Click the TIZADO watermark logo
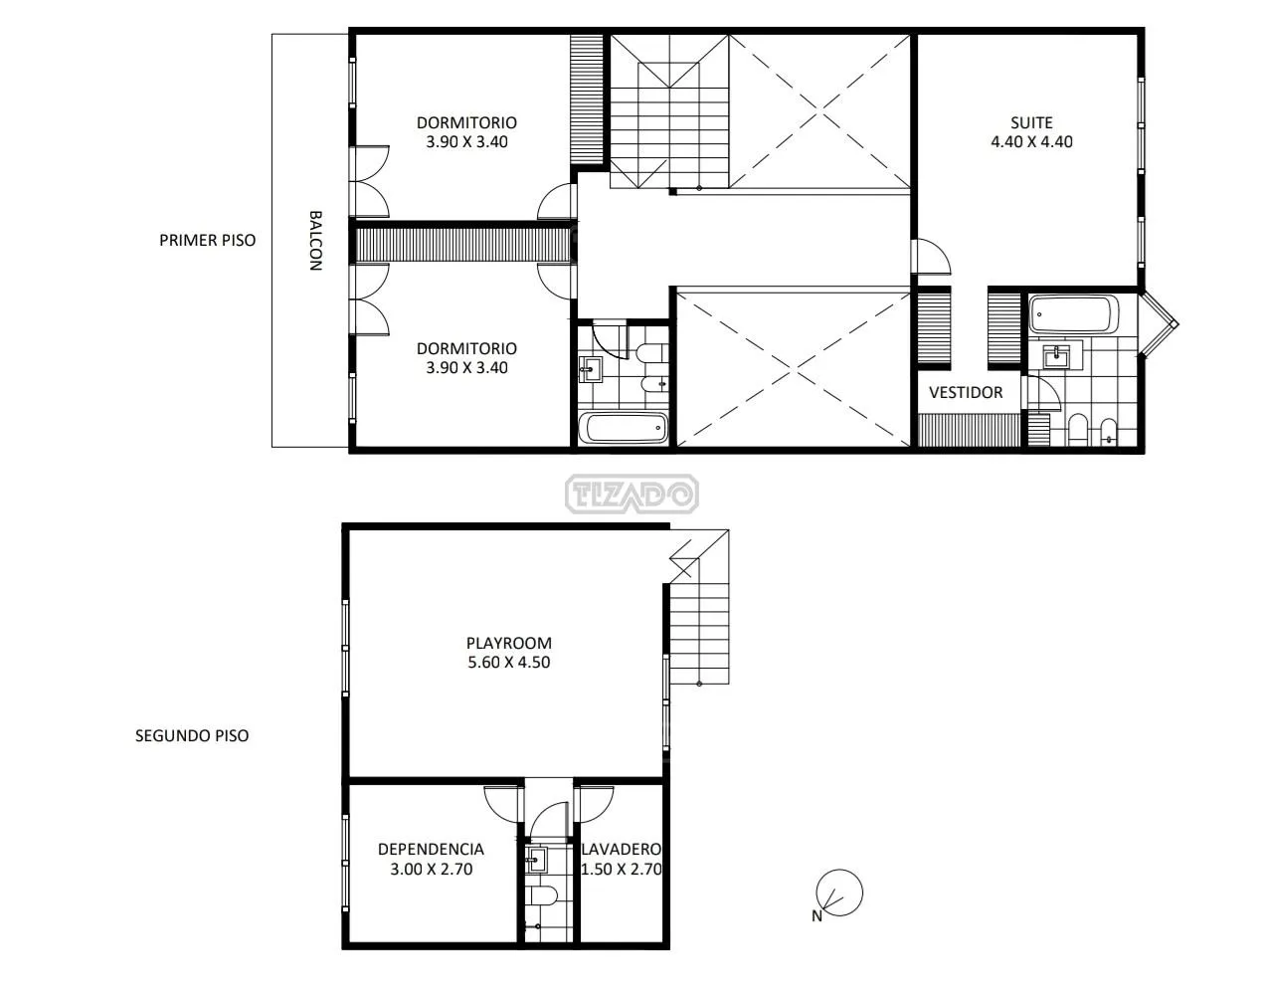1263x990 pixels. click(x=631, y=495)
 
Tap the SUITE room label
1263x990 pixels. click(x=1031, y=122)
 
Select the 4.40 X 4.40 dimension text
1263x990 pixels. click(x=1031, y=142)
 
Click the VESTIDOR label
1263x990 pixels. click(x=966, y=393)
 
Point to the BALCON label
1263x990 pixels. click(x=315, y=241)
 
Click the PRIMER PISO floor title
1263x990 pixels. click(x=208, y=240)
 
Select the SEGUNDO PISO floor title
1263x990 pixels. click(x=192, y=736)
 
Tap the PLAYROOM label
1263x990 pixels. click(x=508, y=643)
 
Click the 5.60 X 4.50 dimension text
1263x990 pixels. click(x=508, y=662)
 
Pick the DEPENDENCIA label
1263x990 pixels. click(x=431, y=850)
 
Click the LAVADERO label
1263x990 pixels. click(x=622, y=850)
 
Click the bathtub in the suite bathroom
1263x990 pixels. click(x=1073, y=314)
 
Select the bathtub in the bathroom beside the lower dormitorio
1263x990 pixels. click(x=624, y=428)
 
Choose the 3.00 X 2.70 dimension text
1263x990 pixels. click(x=431, y=869)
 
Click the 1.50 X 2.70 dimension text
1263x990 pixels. click(x=622, y=869)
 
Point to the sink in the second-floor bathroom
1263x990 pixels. click(x=535, y=860)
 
